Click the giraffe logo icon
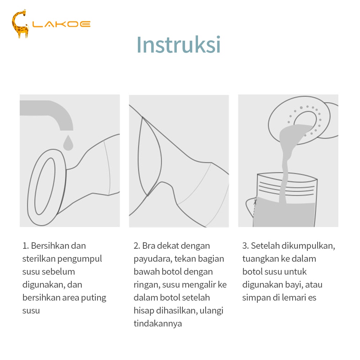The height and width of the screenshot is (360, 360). pyautogui.click(x=20, y=24)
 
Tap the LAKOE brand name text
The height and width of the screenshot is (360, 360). pyautogui.click(x=61, y=24)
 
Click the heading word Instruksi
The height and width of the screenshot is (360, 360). pyautogui.click(x=179, y=45)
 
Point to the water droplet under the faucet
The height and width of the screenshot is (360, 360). pyautogui.click(x=68, y=143)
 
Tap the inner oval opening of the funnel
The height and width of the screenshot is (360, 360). pyautogui.click(x=45, y=186)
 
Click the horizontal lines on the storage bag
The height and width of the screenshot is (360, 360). pyautogui.click(x=286, y=188)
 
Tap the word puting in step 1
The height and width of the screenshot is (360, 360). pyautogui.click(x=94, y=298)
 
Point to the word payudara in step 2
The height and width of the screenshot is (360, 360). pyautogui.click(x=153, y=259)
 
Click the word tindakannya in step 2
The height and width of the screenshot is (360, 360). pyautogui.click(x=158, y=324)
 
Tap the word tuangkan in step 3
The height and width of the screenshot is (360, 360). pyautogui.click(x=261, y=259)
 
